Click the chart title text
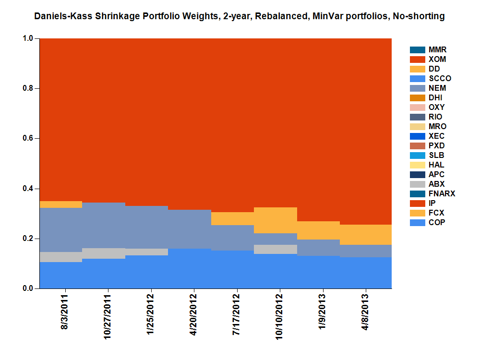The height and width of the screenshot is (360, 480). click(x=240, y=16)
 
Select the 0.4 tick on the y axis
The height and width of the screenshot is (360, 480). click(x=28, y=189)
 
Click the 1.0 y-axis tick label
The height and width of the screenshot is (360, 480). click(x=28, y=38)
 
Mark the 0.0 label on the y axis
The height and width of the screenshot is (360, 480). click(x=28, y=288)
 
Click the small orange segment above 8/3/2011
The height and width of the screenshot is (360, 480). click(x=61, y=204)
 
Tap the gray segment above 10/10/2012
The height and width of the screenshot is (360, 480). click(x=275, y=249)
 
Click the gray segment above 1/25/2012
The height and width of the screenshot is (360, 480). click(x=146, y=252)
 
